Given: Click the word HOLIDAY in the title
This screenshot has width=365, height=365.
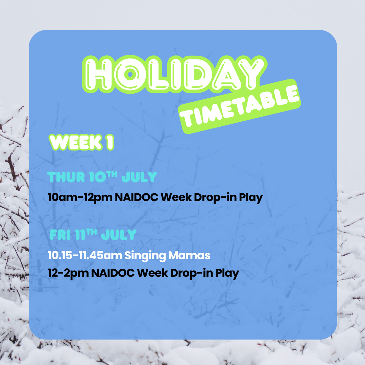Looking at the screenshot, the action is (x=175, y=74).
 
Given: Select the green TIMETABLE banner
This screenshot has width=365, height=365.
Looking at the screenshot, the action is (x=240, y=106).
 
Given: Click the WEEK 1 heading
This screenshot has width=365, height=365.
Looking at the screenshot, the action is (x=81, y=142).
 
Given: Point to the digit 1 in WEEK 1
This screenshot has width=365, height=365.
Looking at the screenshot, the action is (x=110, y=142).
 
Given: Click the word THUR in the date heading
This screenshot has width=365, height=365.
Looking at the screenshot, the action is (x=66, y=177).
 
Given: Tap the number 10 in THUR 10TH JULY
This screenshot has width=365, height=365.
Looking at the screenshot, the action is (x=98, y=177).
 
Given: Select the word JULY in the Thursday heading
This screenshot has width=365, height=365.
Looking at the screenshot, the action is (x=139, y=177).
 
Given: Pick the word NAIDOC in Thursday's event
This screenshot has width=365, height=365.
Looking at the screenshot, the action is (x=137, y=197).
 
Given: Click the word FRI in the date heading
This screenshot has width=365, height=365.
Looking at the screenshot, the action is (x=60, y=235).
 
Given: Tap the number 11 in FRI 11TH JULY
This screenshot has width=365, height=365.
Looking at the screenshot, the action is (x=80, y=235).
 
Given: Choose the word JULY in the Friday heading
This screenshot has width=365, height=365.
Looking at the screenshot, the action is (x=119, y=235).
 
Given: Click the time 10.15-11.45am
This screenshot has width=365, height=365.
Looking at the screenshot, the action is (x=85, y=255).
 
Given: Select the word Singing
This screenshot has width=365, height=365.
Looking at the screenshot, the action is (x=145, y=256).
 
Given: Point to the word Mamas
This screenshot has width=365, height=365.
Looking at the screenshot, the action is (x=189, y=255).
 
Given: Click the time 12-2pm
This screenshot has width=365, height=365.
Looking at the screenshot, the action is (x=68, y=273).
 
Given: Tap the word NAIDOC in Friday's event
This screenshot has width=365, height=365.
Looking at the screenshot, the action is (x=113, y=273).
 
